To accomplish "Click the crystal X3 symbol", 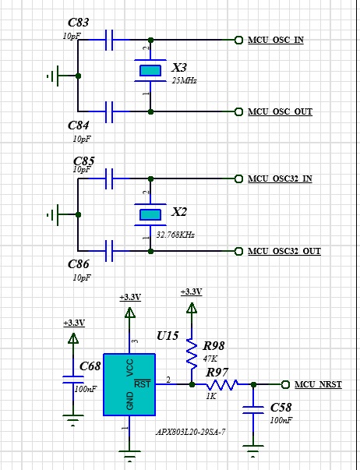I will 150,71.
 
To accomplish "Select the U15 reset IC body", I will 129,383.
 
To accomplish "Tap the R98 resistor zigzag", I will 191,355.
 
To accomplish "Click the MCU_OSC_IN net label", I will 275,40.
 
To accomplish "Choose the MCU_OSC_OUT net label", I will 280,111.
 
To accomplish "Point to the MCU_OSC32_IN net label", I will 280,179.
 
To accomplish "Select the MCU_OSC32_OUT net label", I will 284,251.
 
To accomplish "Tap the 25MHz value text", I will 184,80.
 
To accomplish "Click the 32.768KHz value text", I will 175,234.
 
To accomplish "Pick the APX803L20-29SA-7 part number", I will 191,431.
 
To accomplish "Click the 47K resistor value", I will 210,358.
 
